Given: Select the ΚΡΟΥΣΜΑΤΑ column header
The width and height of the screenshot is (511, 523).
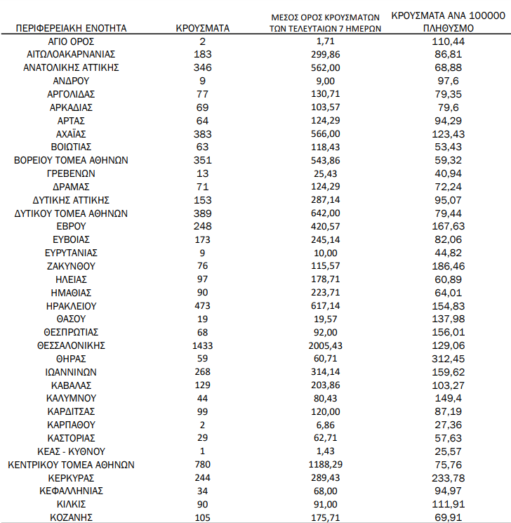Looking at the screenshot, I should (203, 29).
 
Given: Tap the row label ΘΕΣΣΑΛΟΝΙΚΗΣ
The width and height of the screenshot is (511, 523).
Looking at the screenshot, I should (71, 345).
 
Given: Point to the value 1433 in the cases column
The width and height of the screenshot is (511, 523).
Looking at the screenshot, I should (203, 345).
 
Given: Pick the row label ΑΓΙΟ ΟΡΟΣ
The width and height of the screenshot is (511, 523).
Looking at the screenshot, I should (71, 41).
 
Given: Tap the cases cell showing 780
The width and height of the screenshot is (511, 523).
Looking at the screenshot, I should (203, 465).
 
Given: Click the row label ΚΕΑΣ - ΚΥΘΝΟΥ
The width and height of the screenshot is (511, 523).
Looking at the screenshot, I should (71, 451).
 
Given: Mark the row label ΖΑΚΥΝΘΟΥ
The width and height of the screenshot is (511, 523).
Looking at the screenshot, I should (71, 266).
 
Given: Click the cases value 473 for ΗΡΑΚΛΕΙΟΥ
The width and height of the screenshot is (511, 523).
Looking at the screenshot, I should (203, 306).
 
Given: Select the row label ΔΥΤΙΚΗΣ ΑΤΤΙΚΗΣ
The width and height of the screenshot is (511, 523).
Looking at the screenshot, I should (71, 200).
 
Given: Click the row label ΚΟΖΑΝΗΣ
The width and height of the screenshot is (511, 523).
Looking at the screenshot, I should (71, 518).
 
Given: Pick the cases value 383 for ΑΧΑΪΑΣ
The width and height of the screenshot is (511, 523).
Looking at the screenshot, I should (203, 134).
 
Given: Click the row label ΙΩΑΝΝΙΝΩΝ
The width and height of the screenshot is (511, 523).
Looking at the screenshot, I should (71, 372).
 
